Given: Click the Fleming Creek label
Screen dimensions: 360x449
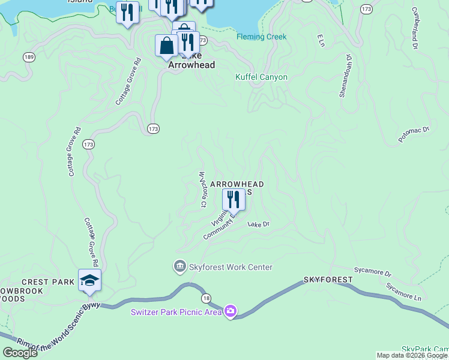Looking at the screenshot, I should [261, 37].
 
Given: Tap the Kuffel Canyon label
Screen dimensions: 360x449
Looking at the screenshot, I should [261, 77].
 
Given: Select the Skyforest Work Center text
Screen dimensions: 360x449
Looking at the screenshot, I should [231, 267].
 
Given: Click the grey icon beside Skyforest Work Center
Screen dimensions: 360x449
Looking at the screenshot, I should [179, 266].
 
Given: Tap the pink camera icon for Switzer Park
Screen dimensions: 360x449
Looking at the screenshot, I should [231, 311].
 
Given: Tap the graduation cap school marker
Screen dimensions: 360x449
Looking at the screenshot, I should [89, 280].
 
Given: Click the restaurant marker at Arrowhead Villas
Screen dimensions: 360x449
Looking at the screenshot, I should [234, 199].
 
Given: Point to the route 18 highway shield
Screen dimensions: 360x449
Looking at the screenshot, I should [206, 298].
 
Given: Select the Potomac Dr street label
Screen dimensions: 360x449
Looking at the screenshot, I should [414, 134].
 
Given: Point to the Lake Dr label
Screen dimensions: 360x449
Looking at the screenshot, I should [259, 224].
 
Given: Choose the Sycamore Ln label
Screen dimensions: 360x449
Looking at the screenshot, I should [404, 292].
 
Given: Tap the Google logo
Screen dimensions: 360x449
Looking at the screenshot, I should [20, 353].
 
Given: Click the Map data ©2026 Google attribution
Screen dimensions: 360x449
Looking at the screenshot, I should [412, 355].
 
